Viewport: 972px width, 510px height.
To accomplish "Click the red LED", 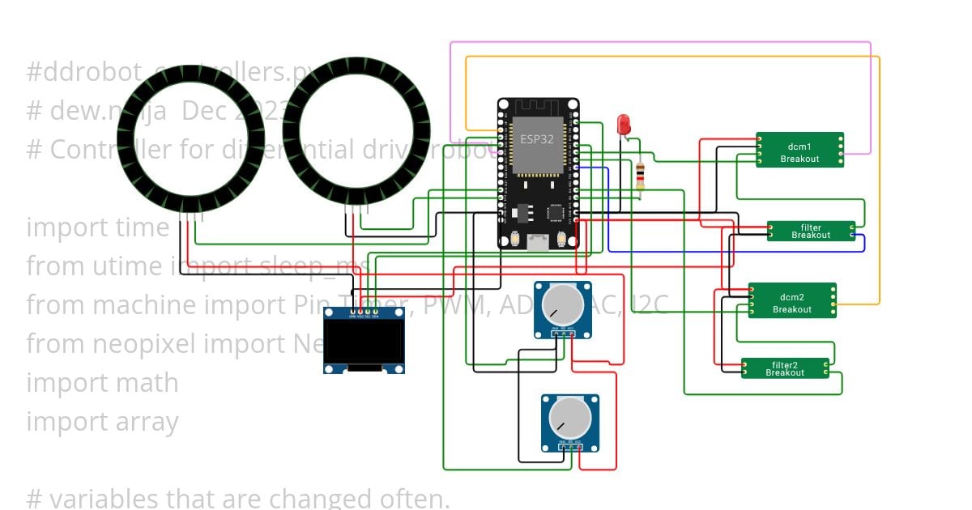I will (x=624, y=125).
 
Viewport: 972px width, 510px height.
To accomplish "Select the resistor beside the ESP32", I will (x=641, y=176).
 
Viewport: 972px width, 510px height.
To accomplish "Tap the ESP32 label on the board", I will (x=537, y=138).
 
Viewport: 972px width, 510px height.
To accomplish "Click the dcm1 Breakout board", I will (x=799, y=151).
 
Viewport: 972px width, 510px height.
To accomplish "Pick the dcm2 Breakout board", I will (x=791, y=300).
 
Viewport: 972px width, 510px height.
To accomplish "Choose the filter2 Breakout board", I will (x=785, y=368).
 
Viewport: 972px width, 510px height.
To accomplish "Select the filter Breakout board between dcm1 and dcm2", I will (x=811, y=231).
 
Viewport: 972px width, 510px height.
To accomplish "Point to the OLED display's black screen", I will (x=364, y=341).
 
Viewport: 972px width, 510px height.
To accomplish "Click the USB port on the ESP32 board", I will (x=537, y=240).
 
